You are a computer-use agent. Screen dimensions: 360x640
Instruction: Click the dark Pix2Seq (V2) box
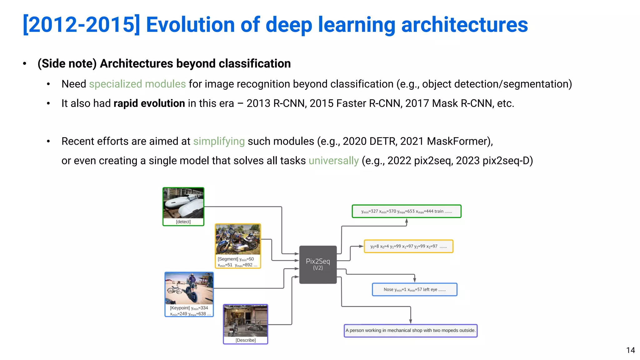[318, 264]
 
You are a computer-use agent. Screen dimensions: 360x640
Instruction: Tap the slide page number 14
[630, 350]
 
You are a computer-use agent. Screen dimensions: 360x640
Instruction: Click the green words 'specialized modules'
[137, 84]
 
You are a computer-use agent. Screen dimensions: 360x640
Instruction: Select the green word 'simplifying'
[219, 141]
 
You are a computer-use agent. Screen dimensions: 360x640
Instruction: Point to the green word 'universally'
[333, 161]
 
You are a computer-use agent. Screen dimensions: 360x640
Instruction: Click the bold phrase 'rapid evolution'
[149, 103]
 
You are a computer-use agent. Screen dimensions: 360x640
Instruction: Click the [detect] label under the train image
[183, 222]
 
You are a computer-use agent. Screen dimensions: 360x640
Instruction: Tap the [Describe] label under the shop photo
[246, 340]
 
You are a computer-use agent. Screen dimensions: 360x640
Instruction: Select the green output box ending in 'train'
[406, 211]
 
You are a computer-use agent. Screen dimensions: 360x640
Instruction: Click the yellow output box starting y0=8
[408, 246]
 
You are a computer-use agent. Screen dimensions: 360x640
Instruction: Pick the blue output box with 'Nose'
[414, 289]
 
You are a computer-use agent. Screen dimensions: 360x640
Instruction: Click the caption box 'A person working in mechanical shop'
[410, 330]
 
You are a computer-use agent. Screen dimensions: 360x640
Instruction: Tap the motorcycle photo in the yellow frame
[238, 239]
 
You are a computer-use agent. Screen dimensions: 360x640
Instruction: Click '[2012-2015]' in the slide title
[81, 25]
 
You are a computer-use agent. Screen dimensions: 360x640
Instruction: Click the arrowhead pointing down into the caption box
[410, 321]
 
